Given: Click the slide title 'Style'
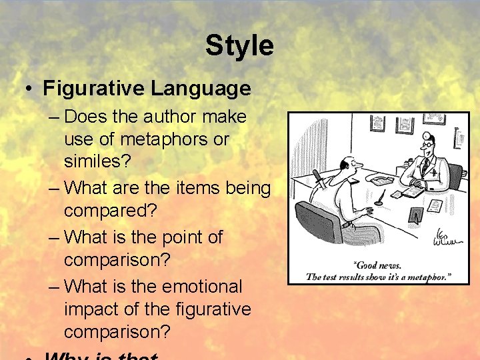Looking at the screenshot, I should pos(239,45).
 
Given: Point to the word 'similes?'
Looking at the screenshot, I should pos(96,163).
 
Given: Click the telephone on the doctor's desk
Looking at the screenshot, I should pos(382,179).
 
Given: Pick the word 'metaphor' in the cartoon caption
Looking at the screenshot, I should pos(427,276).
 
